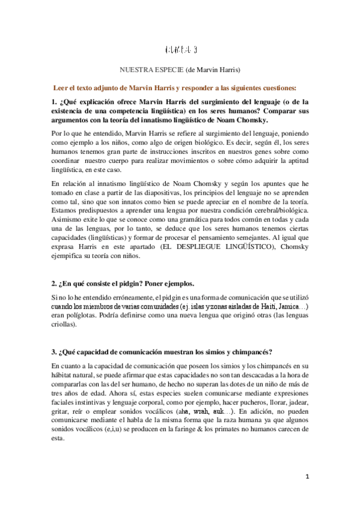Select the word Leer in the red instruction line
tap(62, 87)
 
